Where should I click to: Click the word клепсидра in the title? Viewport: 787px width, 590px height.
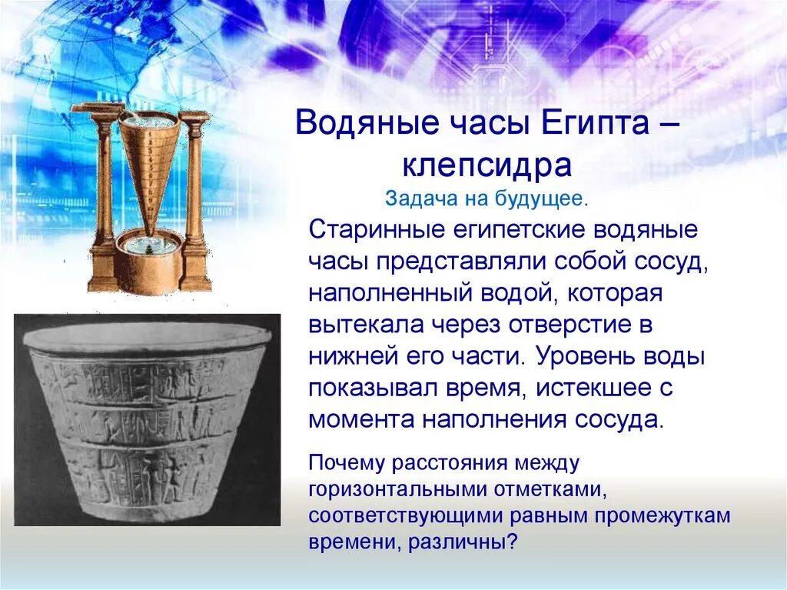[486, 165]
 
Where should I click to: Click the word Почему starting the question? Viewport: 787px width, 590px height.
[346, 463]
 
